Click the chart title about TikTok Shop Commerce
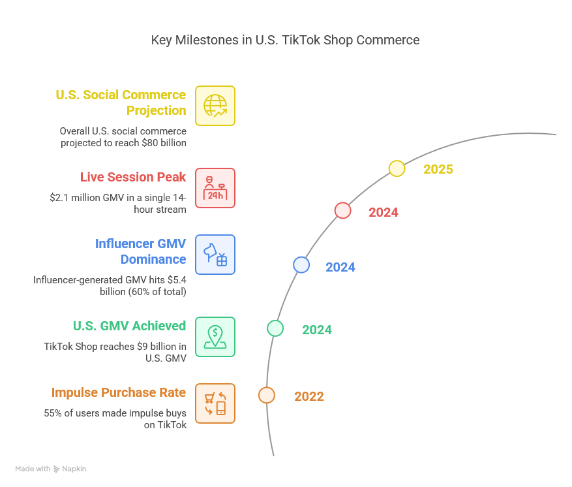[x=285, y=40]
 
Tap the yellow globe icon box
[x=215, y=106]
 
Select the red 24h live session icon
[x=215, y=188]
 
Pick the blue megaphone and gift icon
[x=215, y=255]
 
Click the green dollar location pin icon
[x=215, y=337]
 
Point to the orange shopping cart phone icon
[x=215, y=403]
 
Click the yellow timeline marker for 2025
[x=397, y=169]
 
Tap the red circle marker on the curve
[x=342, y=210]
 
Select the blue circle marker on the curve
[x=301, y=264]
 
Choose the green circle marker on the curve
[x=275, y=328]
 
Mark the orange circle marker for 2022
[x=266, y=395]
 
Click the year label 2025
[x=438, y=170]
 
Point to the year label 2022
[x=309, y=396]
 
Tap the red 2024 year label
[x=383, y=212]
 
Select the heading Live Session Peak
[x=133, y=177]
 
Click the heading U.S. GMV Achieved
[x=129, y=326]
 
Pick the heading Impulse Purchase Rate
[x=119, y=392]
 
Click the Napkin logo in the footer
[x=70, y=469]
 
